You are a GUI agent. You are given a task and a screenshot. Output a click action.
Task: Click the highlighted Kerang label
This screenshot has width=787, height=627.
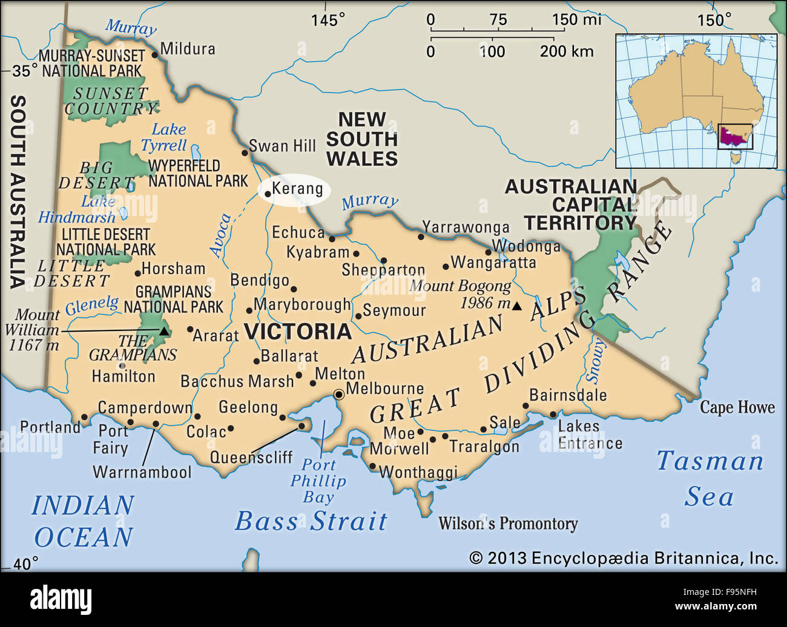pos(297,189)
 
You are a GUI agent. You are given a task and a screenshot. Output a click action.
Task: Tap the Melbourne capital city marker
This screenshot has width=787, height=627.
pos(339,395)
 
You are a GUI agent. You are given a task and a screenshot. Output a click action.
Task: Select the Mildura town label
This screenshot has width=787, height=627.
pos(188,49)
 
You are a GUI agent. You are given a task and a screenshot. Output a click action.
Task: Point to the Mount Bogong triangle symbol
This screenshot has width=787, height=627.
pos(516,306)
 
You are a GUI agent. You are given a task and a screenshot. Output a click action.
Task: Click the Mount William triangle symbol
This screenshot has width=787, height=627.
pos(163,330)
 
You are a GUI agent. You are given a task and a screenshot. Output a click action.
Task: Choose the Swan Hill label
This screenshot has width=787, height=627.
pos(282,146)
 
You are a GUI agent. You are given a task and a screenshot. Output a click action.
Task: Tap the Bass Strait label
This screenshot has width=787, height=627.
pos(311,521)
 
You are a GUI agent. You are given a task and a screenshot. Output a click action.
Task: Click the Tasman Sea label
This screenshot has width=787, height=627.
pos(710,478)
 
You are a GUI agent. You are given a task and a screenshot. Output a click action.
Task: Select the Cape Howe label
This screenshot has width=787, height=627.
pos(737,407)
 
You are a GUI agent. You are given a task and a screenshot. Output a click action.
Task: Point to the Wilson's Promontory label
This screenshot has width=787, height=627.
pos(508,524)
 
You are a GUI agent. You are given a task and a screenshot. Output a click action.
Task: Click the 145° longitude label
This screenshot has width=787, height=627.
pos(328,20)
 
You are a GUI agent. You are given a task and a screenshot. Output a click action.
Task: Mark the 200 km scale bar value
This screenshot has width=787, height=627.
pos(566,51)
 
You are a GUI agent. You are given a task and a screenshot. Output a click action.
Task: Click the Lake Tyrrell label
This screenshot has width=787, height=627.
pos(165,137)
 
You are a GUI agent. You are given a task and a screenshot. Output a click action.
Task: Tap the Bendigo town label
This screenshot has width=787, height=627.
pos(260,280)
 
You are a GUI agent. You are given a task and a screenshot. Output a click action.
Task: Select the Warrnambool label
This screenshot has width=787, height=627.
pos(142,472)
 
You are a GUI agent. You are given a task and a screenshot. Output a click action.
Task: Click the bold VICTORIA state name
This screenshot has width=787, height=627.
pos(297,332)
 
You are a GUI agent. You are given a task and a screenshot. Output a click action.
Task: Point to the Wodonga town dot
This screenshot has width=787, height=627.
pos(489,252)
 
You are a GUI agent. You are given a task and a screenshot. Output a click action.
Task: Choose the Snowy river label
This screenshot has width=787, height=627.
pos(596,361)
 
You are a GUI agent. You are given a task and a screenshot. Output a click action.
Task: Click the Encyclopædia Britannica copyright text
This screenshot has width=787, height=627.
pos(624,558)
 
